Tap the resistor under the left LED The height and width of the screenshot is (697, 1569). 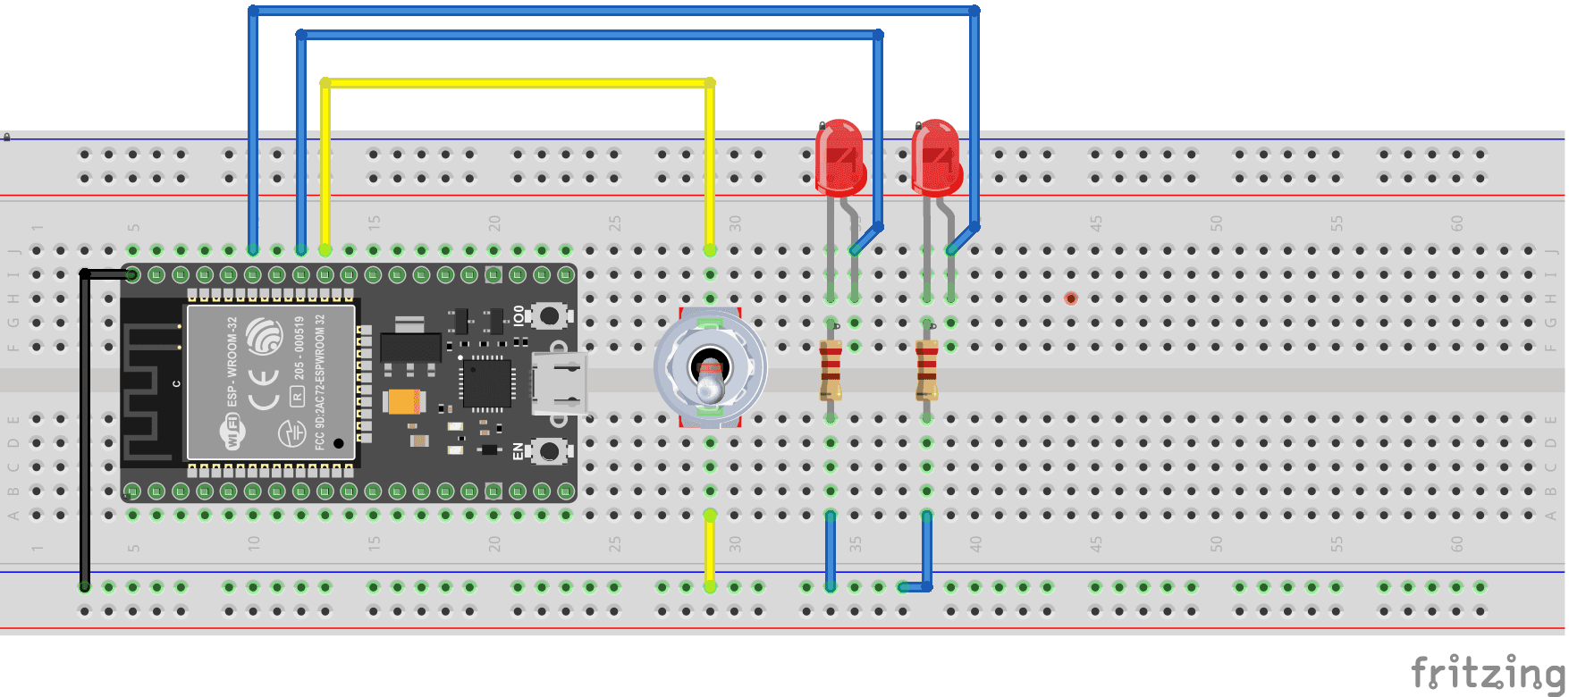[831, 369]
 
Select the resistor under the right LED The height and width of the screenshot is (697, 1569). [927, 369]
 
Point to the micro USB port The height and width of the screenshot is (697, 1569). [560, 382]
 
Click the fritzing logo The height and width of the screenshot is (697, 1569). [1488, 672]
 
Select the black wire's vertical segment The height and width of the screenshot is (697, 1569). [85, 429]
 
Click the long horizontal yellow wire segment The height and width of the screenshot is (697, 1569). [517, 83]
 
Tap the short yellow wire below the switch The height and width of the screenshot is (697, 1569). [710, 550]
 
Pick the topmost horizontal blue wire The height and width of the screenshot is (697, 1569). [613, 11]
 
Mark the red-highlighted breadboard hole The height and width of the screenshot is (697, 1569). [1071, 298]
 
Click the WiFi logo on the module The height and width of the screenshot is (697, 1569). [232, 434]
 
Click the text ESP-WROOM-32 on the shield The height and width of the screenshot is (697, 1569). [232, 361]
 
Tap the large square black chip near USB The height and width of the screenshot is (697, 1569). [487, 382]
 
